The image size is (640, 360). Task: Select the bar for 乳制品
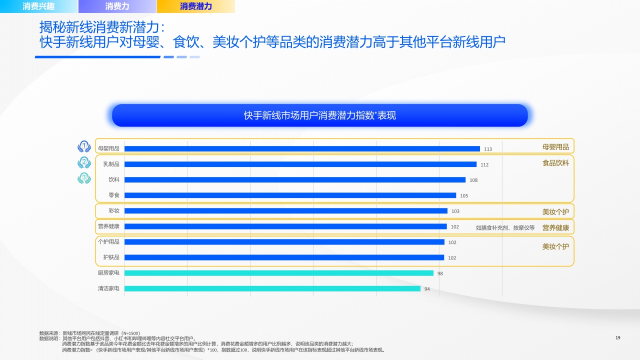point(300,164)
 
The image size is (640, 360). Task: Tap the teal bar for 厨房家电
point(279,273)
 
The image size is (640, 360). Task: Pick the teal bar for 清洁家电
point(272,288)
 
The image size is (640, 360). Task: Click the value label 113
point(488,149)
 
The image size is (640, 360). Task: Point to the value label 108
point(473,180)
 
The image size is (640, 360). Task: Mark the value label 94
point(427,289)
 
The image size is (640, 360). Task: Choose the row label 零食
point(114,195)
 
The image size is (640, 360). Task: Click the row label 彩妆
point(114,210)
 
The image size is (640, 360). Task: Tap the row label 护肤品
point(111,257)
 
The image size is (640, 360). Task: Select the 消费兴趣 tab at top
point(39,6)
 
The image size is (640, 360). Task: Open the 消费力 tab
point(117,6)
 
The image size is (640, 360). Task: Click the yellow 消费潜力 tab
point(195,6)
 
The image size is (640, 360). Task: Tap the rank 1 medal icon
point(84,146)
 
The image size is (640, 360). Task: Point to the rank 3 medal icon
point(84,178)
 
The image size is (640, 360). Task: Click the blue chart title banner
point(320,115)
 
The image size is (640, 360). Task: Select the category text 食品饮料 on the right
point(555,163)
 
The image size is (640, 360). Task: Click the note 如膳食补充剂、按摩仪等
point(505,228)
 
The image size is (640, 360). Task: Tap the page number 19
point(617,338)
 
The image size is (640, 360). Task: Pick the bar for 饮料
point(295,179)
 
